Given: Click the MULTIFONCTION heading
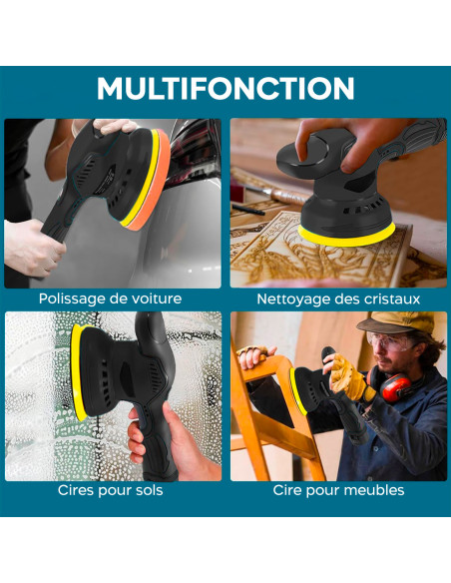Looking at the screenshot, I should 225,89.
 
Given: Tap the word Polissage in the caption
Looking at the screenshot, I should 73,298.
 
